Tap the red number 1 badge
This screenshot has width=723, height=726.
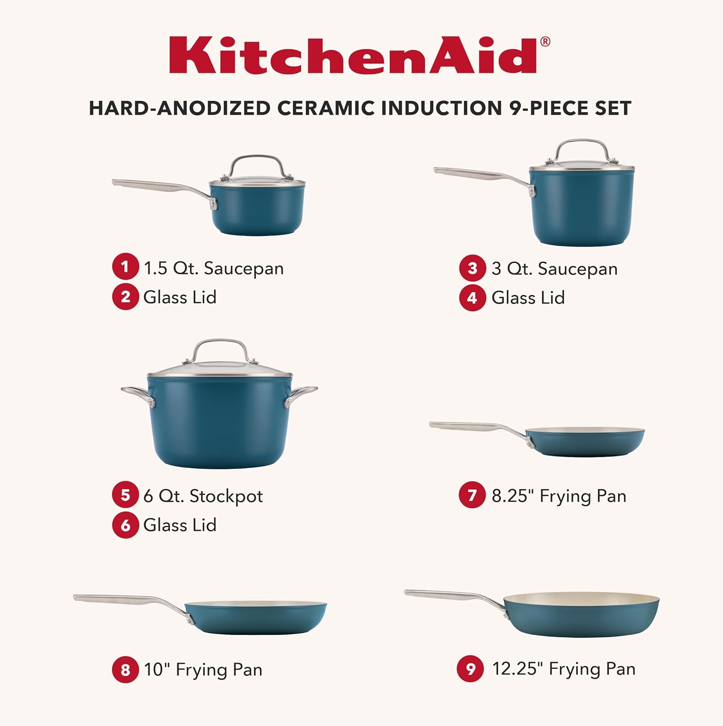(x=125, y=267)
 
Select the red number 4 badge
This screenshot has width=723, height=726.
(x=472, y=298)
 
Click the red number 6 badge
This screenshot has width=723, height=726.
(x=125, y=525)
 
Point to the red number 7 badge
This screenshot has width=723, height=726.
(x=472, y=495)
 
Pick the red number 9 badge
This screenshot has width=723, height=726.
(x=470, y=669)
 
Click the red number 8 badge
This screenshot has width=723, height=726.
(x=125, y=669)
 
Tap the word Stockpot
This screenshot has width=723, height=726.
(x=226, y=496)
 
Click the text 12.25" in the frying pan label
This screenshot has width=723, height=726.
(x=516, y=668)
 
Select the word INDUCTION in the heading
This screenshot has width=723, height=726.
(x=442, y=108)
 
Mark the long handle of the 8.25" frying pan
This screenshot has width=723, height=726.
(x=475, y=427)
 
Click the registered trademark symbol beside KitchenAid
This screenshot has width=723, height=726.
(x=545, y=42)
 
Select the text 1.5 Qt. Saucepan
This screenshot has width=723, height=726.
(x=214, y=268)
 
